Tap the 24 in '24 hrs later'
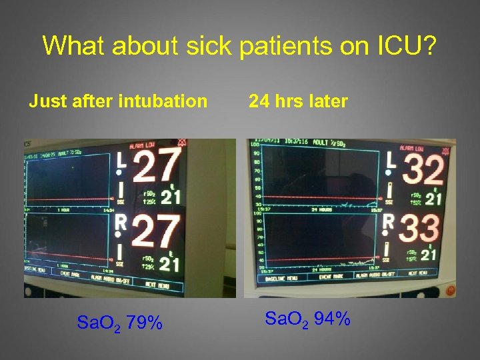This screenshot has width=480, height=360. point(259,101)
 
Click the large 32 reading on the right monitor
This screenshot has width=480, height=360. point(423,169)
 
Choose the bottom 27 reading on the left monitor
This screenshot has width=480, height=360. point(157,231)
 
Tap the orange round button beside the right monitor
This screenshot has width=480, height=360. point(451,291)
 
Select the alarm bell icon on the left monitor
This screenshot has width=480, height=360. point(182,143)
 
